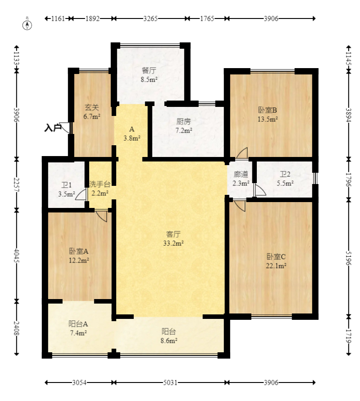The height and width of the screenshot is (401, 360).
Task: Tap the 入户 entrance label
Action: pyautogui.click(x=53, y=128)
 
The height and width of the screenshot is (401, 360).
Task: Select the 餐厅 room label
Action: pyautogui.click(x=149, y=71)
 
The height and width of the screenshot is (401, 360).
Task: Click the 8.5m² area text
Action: pyautogui.click(x=149, y=79)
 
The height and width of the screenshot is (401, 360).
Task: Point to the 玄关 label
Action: pyautogui.click(x=92, y=108)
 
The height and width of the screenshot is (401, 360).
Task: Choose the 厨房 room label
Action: pyautogui.click(x=184, y=121)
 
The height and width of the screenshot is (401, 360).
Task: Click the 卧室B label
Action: pyautogui.click(x=267, y=110)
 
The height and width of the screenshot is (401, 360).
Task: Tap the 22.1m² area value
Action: pyautogui.click(x=276, y=266)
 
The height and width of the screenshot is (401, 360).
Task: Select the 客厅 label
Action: pyautogui.click(x=173, y=234)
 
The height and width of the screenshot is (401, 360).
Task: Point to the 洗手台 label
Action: pyautogui.click(x=100, y=184)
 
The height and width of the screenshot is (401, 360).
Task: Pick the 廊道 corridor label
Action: pyautogui.click(x=241, y=175)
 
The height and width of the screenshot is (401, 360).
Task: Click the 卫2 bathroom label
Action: pyautogui.click(x=285, y=175)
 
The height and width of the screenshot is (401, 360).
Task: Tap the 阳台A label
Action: pyautogui.click(x=78, y=324)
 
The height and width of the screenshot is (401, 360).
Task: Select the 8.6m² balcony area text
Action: pyautogui.click(x=169, y=341)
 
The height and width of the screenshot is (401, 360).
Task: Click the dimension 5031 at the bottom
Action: pyautogui.click(x=170, y=383)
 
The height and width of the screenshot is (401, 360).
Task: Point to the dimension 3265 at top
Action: pyautogui.click(x=150, y=18)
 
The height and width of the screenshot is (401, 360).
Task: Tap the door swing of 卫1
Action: pyautogui.click(x=82, y=195)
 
